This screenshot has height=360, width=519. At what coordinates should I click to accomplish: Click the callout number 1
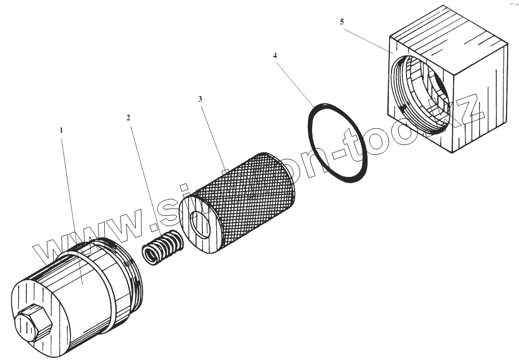(61, 131)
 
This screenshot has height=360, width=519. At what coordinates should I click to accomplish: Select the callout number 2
(128, 117)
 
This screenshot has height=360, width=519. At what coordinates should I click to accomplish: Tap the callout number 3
(200, 98)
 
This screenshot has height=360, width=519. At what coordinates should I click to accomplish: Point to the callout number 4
(275, 55)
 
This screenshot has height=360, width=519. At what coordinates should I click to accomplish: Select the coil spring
(162, 247)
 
